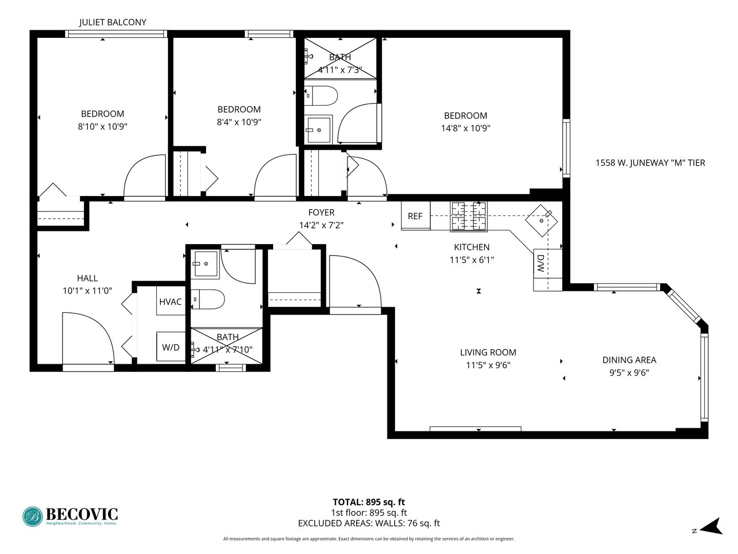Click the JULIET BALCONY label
point(113,22)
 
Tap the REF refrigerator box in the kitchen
point(416,216)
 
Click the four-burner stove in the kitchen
point(469,216)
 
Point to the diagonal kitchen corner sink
point(541,221)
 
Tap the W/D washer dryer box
point(171,346)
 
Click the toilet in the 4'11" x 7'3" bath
point(321,96)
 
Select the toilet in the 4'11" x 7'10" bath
point(208,299)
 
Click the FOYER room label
point(321,212)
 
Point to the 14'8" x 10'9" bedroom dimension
point(466,128)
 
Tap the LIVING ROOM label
point(488,352)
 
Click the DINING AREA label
point(629,360)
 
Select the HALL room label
point(88,278)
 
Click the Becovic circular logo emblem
point(33,517)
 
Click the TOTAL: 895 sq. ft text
point(369,502)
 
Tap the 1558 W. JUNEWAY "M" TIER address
point(650,163)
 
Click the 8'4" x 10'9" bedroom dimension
point(239,122)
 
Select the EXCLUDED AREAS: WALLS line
point(369,523)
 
